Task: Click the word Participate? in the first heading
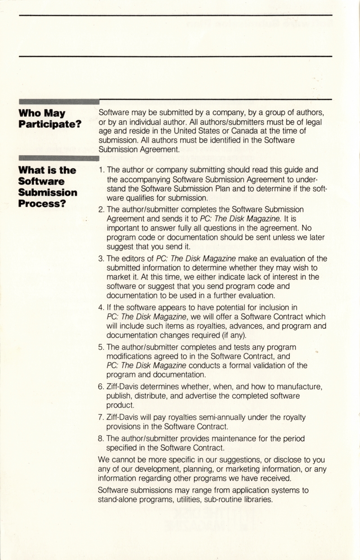[49, 123]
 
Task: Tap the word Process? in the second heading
[41, 203]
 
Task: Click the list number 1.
[101, 170]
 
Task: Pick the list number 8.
[101, 438]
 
